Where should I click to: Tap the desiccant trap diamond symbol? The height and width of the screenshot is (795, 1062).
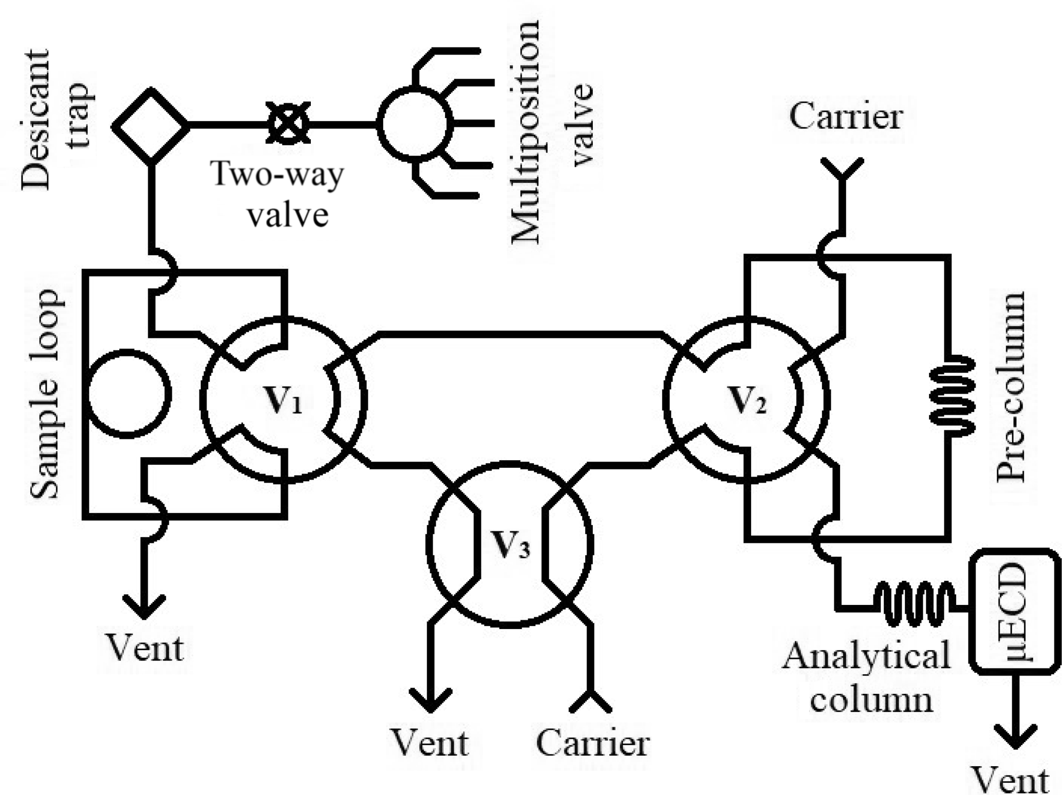point(151,126)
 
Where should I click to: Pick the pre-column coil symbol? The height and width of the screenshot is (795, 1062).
point(952,396)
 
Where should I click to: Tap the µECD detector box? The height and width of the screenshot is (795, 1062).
point(1015,611)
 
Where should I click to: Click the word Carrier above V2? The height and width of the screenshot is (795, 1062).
point(846,117)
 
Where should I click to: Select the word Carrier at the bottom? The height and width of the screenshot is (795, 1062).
point(592,743)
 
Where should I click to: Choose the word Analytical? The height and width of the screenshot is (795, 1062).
point(866,657)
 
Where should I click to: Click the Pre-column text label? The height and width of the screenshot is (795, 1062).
point(1010,388)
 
